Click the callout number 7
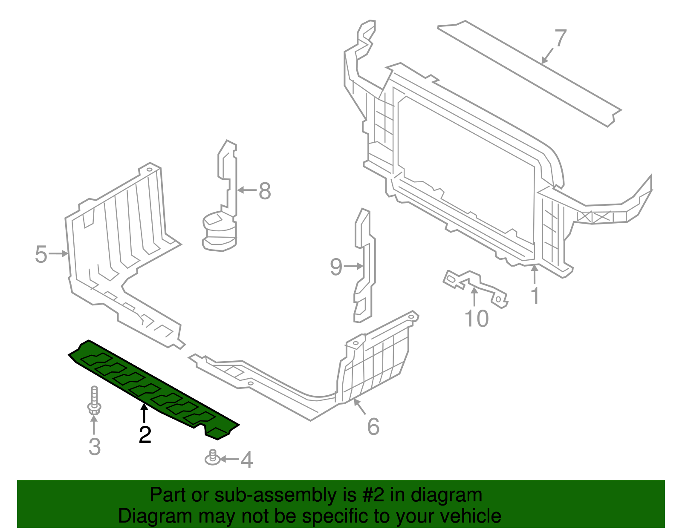click(561, 37)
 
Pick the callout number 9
click(336, 267)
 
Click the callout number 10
click(477, 319)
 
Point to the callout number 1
click(535, 296)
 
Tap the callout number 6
click(373, 426)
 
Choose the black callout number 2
click(145, 434)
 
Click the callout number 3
click(95, 447)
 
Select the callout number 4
click(247, 460)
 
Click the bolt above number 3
click(94, 401)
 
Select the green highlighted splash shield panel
click(154, 389)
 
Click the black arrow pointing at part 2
click(144, 414)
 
